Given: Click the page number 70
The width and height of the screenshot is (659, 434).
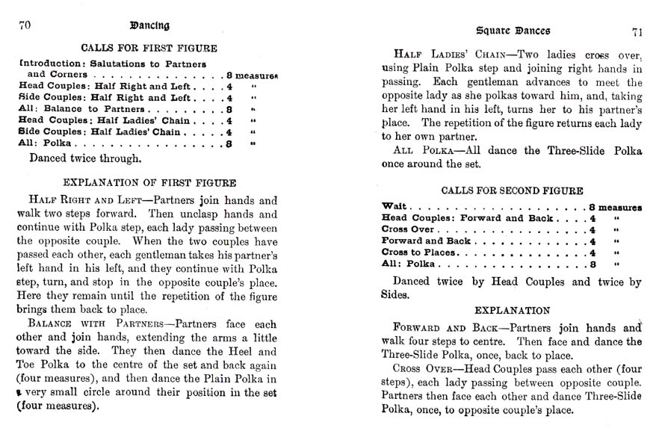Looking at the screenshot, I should tap(24, 25).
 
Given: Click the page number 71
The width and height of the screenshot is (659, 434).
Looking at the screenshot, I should tap(636, 31).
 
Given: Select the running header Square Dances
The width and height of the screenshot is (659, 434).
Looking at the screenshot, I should tap(513, 31).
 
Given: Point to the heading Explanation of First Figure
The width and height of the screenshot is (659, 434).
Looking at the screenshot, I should tap(149, 182).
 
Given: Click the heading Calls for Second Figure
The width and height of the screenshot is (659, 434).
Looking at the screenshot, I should tap(512, 191).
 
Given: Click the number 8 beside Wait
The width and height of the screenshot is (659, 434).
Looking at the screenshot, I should tap(591, 207).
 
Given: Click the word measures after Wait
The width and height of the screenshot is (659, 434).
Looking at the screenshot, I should tap(621, 207).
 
